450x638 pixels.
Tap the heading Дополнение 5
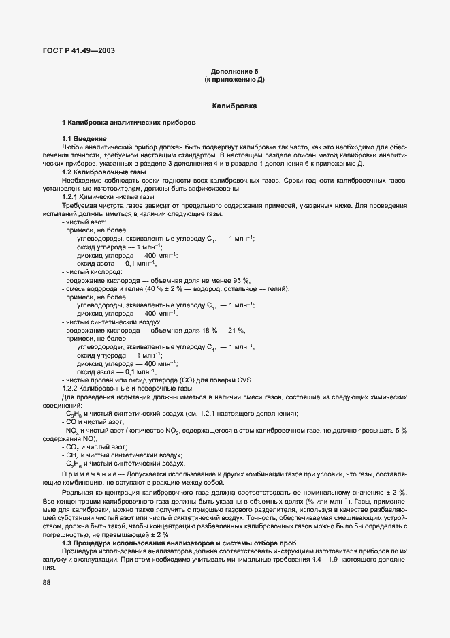234,72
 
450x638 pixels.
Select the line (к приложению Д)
234,80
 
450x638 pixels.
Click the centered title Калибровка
234,107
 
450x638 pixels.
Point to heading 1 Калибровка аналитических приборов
128,122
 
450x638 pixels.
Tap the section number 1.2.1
71,196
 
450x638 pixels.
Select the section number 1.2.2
71,388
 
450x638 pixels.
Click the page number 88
46,582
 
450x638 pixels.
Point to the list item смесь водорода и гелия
109,288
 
